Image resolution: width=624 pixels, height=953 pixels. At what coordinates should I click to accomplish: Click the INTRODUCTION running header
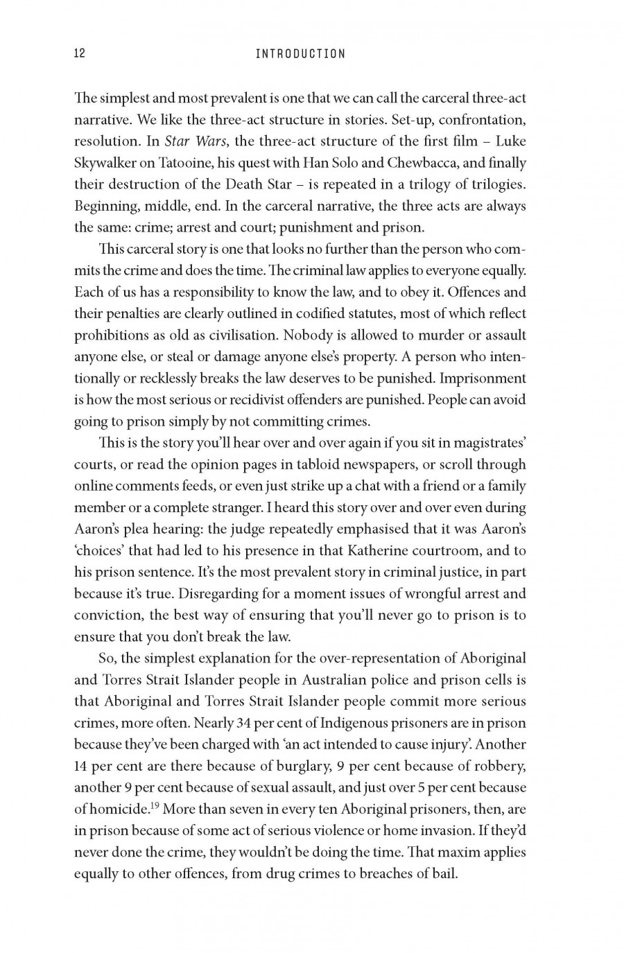300,53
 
